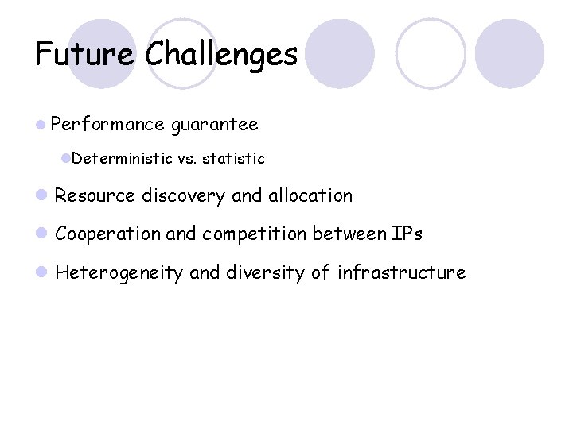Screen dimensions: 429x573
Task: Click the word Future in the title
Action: point(84,54)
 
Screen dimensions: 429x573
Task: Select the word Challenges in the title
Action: point(221,54)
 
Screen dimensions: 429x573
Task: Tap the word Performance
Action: point(107,125)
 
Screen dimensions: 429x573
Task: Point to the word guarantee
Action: point(214,125)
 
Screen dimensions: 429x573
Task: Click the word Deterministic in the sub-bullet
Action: point(122,159)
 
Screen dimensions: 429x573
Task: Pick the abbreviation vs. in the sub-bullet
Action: point(188,159)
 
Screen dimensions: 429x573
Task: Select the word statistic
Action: point(233,159)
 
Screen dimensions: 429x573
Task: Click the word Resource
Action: point(95,195)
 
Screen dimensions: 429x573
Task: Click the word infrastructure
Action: point(401,273)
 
